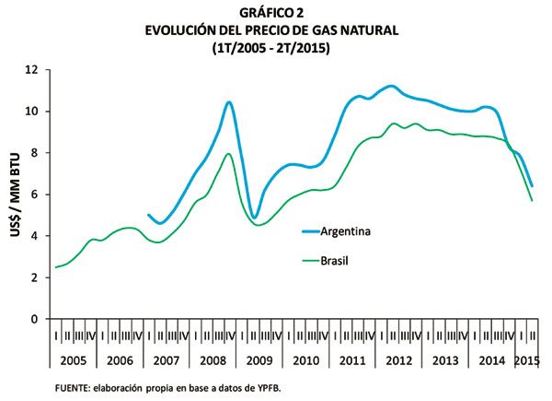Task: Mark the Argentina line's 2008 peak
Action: pos(229,101)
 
